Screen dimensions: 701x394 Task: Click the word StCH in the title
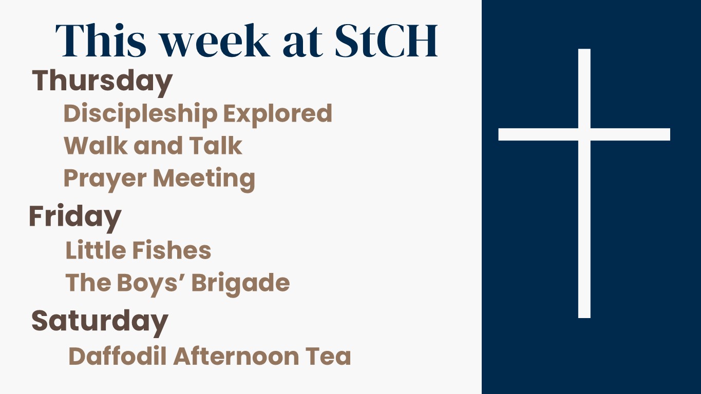386,41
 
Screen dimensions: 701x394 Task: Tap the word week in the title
215,41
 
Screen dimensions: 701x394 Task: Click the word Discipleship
141,114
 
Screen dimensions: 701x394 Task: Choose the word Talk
216,146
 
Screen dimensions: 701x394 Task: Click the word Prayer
105,179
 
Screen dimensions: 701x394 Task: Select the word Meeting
204,179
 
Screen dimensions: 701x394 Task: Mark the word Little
96,250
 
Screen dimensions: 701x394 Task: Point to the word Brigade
241,283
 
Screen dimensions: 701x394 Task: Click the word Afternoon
236,356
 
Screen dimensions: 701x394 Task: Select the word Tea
328,356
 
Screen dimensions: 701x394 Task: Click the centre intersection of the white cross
584,134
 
